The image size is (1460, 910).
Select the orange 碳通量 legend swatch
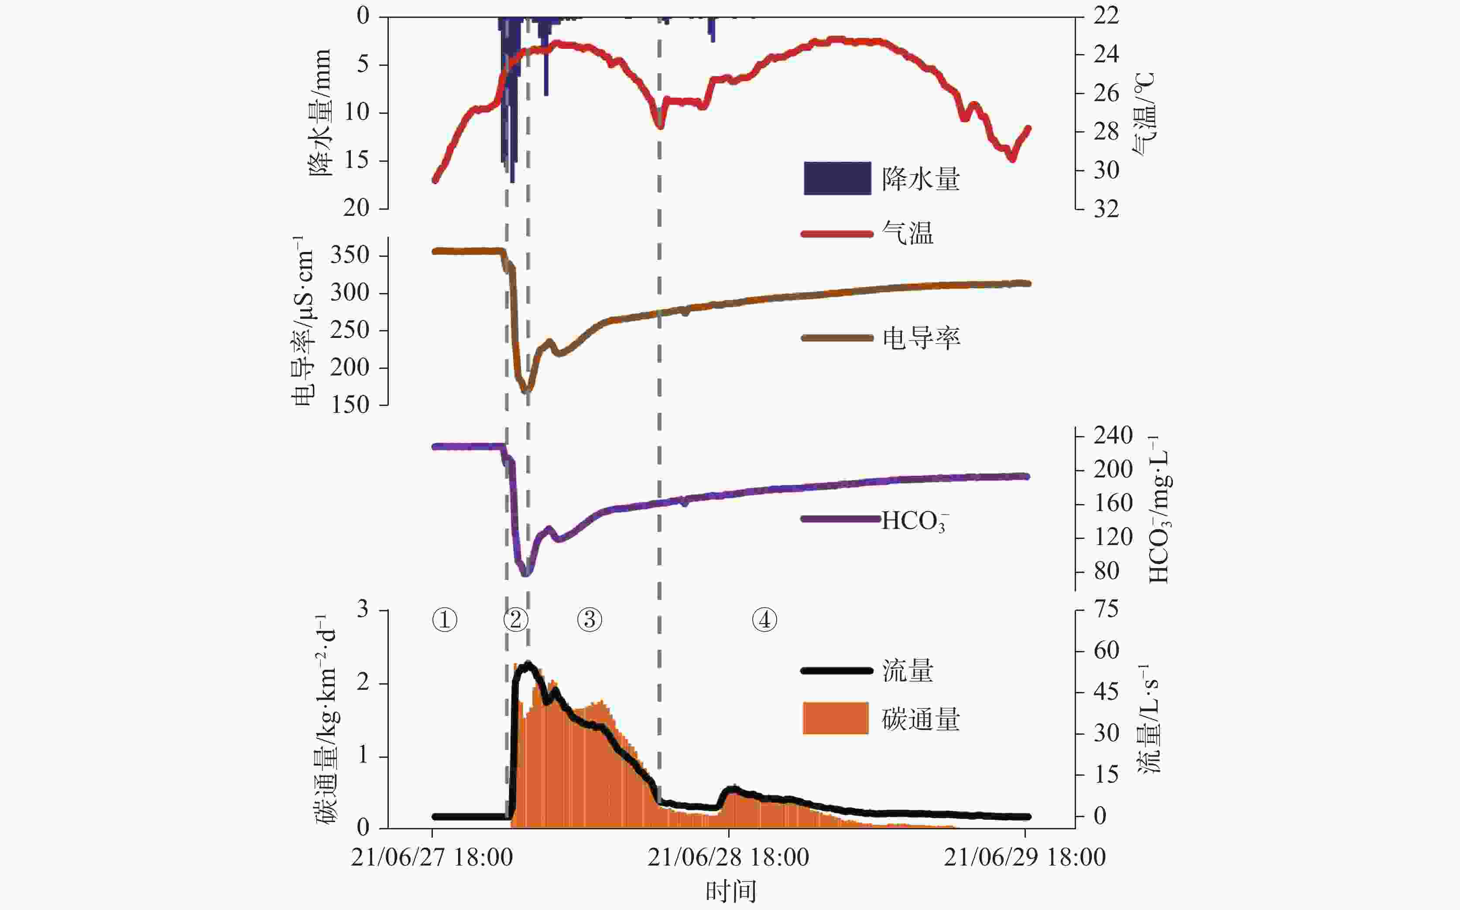[x=836, y=718]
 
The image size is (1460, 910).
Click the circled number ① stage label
[x=445, y=619]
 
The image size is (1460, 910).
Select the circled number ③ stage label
[x=589, y=619]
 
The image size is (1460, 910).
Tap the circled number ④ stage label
[x=764, y=619]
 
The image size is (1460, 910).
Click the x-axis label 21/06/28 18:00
[x=728, y=858]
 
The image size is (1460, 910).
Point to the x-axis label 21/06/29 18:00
[x=1024, y=858]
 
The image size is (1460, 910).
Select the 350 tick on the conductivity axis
[x=350, y=255]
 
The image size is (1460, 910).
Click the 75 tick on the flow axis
[x=1106, y=609]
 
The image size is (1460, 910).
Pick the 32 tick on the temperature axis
[x=1106, y=209]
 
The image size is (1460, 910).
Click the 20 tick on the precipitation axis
[x=356, y=208]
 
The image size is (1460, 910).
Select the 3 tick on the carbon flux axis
[x=363, y=610]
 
